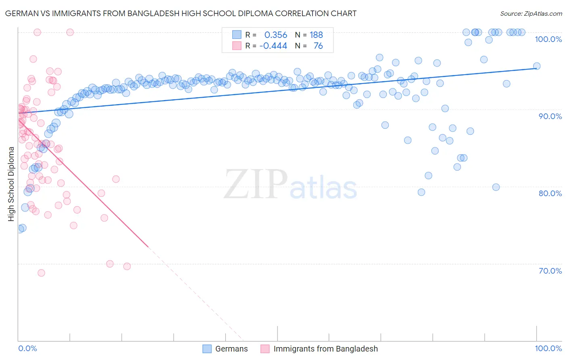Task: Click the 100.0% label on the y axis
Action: click(x=548, y=39)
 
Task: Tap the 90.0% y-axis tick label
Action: click(x=550, y=116)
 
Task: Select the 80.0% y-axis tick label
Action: click(x=550, y=193)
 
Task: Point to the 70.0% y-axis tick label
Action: click(x=550, y=271)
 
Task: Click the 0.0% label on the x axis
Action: click(x=27, y=348)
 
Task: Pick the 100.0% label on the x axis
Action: click(x=548, y=348)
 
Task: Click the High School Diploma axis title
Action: click(x=11, y=184)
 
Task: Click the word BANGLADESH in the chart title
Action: click(x=151, y=13)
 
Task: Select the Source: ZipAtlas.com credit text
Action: click(x=531, y=13)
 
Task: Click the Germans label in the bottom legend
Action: click(x=231, y=349)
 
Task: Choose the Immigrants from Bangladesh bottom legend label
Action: click(x=325, y=349)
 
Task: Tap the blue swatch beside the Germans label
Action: click(x=207, y=349)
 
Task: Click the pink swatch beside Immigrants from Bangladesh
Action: click(x=265, y=349)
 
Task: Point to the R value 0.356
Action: click(x=275, y=35)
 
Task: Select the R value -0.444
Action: click(x=273, y=46)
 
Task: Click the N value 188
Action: click(x=316, y=35)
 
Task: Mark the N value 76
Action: click(x=318, y=46)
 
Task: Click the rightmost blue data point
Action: click(x=536, y=66)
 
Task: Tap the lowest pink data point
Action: click(x=41, y=273)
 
